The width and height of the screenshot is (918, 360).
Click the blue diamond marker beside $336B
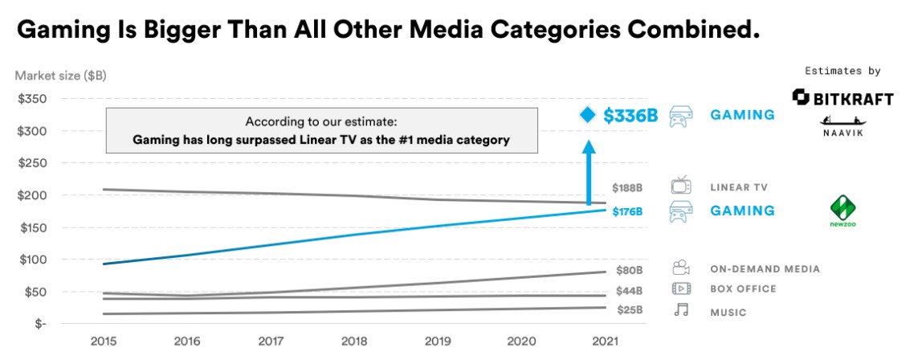tap(588, 115)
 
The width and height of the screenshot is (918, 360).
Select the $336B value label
tap(630, 116)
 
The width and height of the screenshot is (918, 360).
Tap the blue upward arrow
tap(588, 173)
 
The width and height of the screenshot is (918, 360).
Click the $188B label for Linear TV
tap(627, 188)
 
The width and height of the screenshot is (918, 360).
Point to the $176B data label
tap(627, 211)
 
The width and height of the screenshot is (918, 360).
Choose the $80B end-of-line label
tap(630, 270)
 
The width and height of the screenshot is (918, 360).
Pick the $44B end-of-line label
tap(630, 291)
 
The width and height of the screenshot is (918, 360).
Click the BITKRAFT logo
tap(843, 98)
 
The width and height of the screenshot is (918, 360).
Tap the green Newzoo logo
tap(843, 211)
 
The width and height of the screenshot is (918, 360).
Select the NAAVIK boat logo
tap(843, 126)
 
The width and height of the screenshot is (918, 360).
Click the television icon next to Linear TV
tap(681, 186)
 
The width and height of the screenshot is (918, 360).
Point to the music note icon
tap(681, 310)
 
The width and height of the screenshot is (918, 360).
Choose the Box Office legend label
tap(743, 289)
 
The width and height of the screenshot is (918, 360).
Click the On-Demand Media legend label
tap(765, 269)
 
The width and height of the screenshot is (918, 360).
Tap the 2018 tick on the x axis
tap(354, 342)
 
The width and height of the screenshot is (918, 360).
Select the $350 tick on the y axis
tap(32, 99)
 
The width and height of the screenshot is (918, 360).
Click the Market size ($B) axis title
tap(60, 76)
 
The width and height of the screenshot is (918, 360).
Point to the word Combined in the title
tap(687, 31)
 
